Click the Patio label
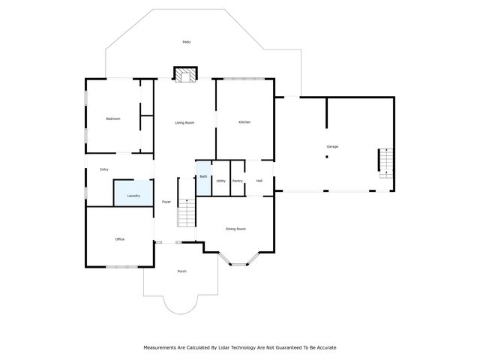pyautogui.click(x=187, y=42)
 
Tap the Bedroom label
pyautogui.click(x=113, y=118)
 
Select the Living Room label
pyautogui.click(x=184, y=122)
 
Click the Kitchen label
pyautogui.click(x=244, y=122)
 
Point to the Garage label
pyautogui.click(x=332, y=146)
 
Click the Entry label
pyautogui.click(x=104, y=169)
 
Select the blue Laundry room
pyautogui.click(x=133, y=193)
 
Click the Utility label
pyautogui.click(x=221, y=181)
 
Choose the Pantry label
pyautogui.click(x=238, y=181)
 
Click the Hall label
pyautogui.click(x=259, y=181)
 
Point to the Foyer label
pyautogui.click(x=166, y=202)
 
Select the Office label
pyautogui.click(x=119, y=239)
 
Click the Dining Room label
pyautogui.click(x=235, y=229)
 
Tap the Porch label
pyautogui.click(x=181, y=271)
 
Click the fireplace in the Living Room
pyautogui.click(x=186, y=73)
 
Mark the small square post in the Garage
pyautogui.click(x=326, y=157)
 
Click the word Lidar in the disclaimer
pyautogui.click(x=222, y=347)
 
